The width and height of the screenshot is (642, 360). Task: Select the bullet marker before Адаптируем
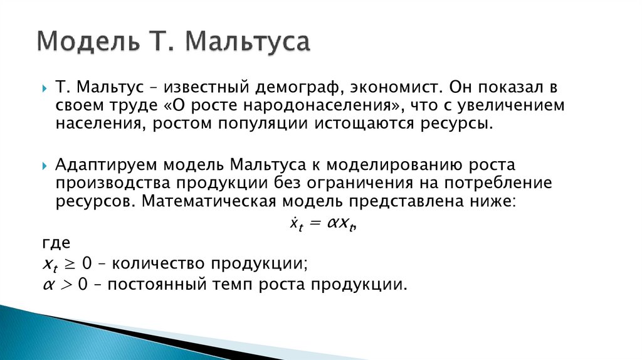click(x=45, y=167)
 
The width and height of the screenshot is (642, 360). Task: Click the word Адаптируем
click(x=107, y=166)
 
